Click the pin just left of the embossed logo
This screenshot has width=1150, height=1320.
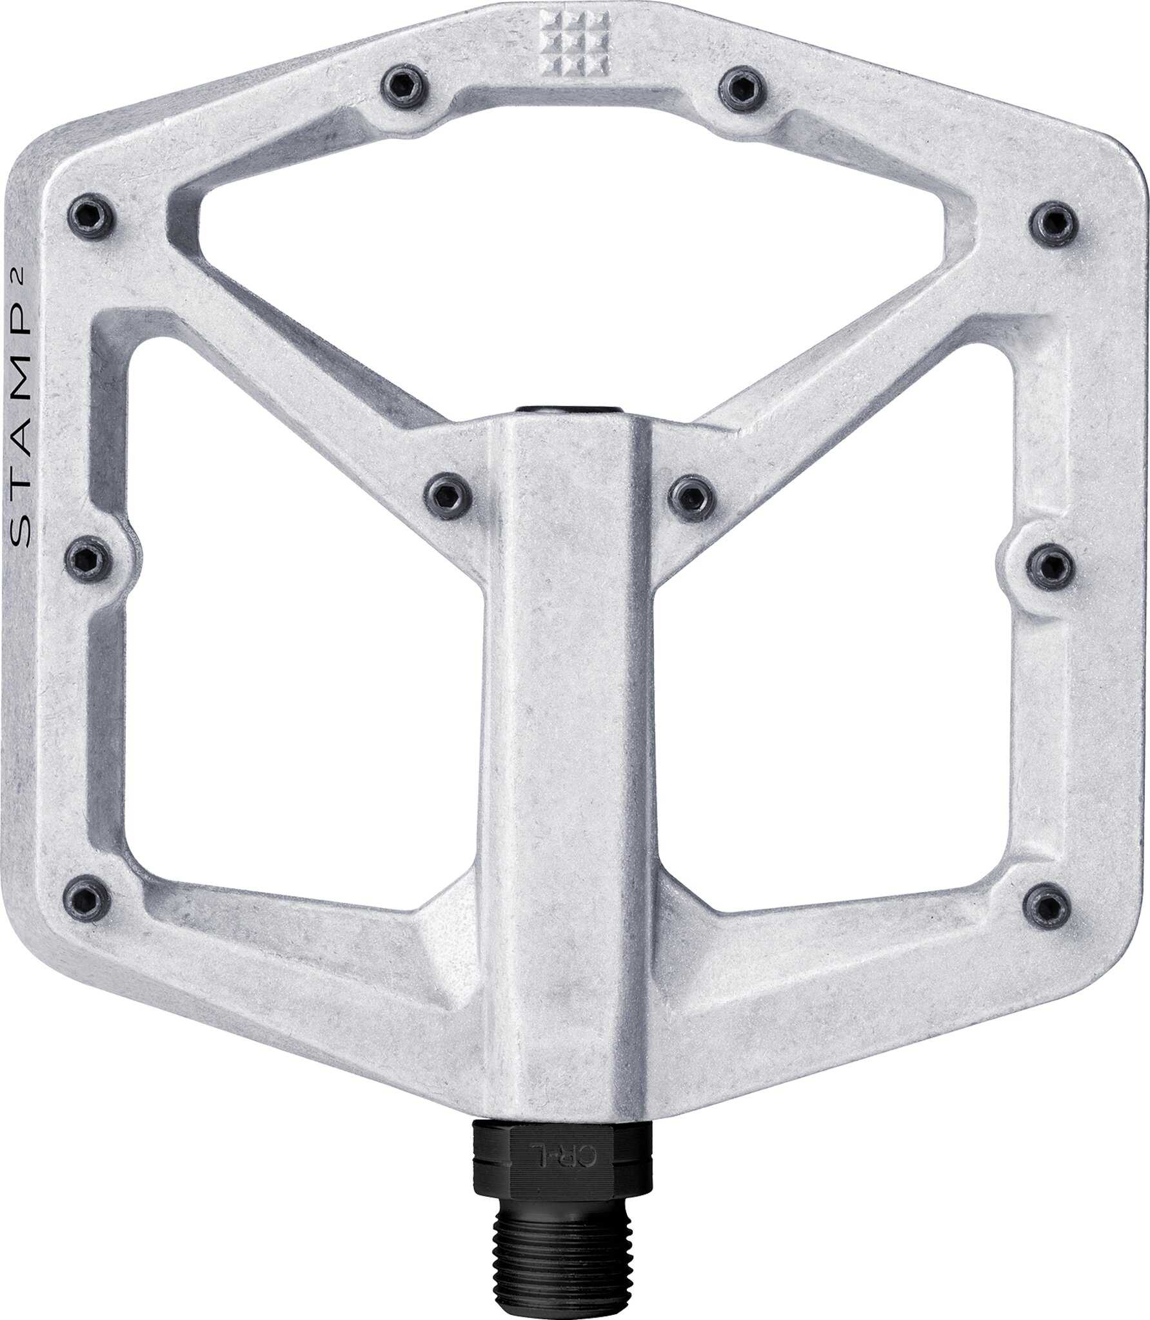403,85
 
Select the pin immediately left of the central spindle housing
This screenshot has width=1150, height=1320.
448,495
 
